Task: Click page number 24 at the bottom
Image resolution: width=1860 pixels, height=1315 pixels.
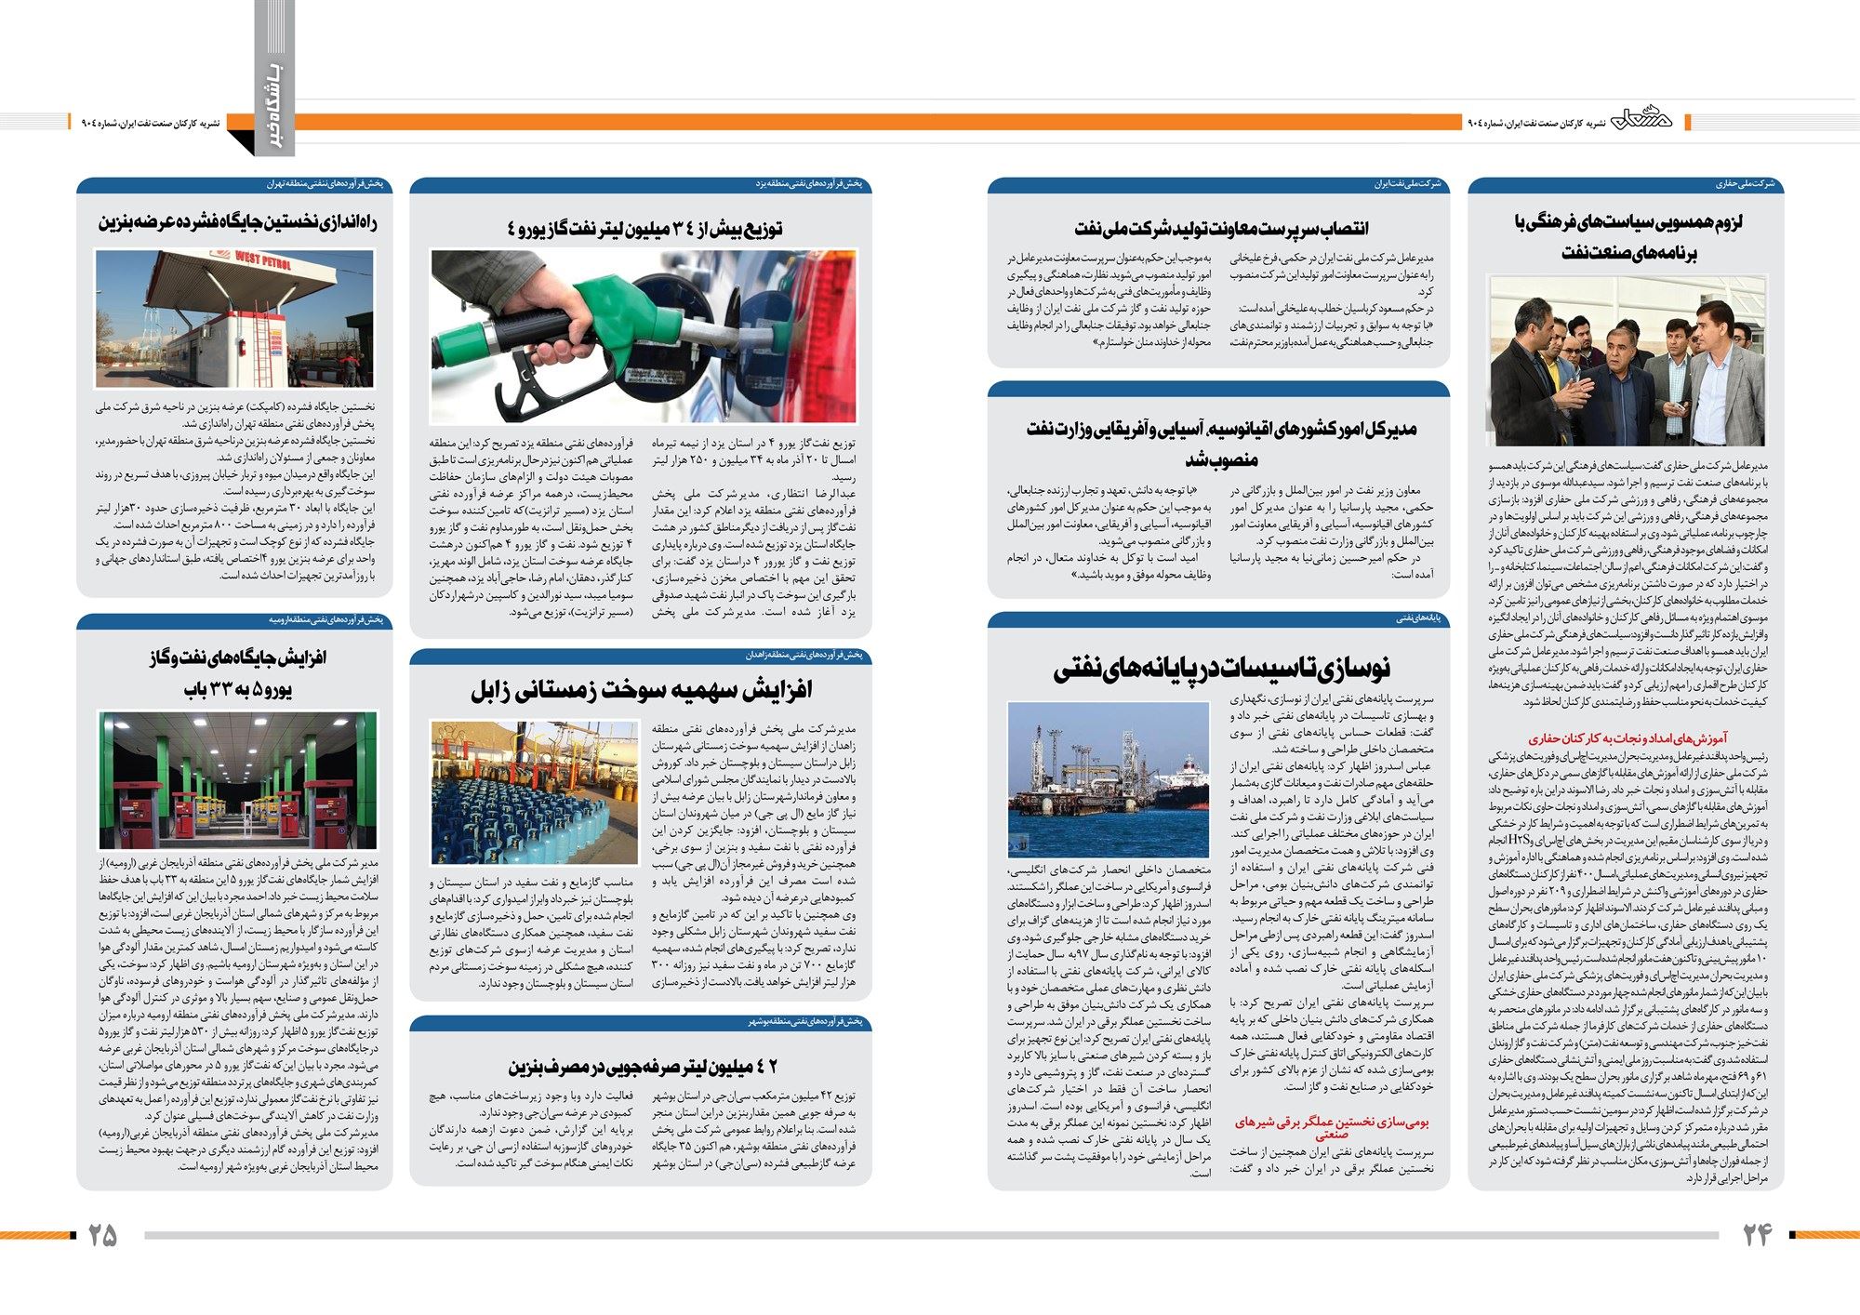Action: [1757, 1234]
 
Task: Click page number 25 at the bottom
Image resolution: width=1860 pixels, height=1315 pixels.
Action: [102, 1235]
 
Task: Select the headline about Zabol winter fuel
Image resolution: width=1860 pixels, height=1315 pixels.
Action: [641, 690]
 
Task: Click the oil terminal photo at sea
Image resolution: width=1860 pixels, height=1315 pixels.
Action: [1108, 779]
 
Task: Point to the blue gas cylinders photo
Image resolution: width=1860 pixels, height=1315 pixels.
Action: [534, 792]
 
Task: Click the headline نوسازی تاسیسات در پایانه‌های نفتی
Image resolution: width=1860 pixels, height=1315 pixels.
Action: [1221, 667]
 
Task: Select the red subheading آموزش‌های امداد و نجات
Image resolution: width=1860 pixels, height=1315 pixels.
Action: [1627, 738]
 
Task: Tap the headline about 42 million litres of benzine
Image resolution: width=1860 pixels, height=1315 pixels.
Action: [643, 1066]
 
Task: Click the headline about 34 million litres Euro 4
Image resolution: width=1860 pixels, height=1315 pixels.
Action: [645, 228]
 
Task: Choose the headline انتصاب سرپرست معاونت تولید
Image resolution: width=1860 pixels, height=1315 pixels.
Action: [1221, 228]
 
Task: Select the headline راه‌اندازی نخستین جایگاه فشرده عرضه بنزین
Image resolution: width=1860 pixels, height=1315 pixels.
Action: [238, 222]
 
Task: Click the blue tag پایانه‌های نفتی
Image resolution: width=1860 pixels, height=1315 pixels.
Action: [1418, 618]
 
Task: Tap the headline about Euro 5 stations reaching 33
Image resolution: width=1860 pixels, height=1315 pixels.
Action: [238, 673]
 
